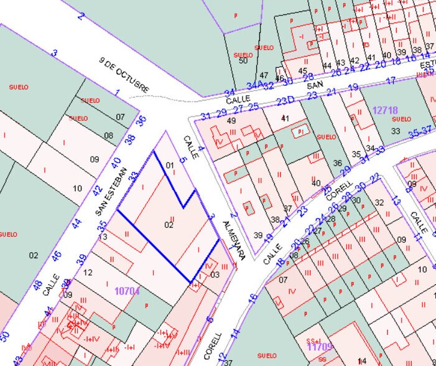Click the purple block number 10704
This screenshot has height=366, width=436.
(x=127, y=290)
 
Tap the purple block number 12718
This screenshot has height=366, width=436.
(x=385, y=110)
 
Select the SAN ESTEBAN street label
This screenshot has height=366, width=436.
(x=111, y=190)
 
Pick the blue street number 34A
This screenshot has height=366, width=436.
(x=253, y=85)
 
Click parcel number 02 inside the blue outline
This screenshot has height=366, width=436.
(x=169, y=225)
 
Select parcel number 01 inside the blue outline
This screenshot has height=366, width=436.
(x=170, y=165)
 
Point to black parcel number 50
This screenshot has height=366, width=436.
(x=243, y=60)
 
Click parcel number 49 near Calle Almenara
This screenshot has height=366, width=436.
(x=231, y=120)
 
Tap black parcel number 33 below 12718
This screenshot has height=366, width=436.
(x=396, y=131)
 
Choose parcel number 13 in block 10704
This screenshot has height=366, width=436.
(x=103, y=237)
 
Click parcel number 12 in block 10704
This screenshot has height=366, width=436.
(x=88, y=273)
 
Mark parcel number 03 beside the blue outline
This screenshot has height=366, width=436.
(x=215, y=274)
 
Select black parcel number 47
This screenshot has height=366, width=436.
(x=264, y=75)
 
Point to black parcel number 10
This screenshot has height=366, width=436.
(x=77, y=188)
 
